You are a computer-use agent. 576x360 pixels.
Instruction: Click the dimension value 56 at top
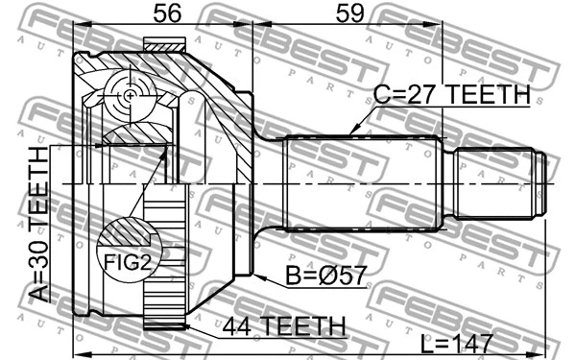(167, 13)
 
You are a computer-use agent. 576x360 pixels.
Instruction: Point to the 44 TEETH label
(283, 327)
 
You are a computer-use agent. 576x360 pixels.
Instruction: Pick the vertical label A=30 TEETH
(38, 225)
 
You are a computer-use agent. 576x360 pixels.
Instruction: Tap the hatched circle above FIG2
(129, 234)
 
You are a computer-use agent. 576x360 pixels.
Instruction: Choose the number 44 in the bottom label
(239, 327)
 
